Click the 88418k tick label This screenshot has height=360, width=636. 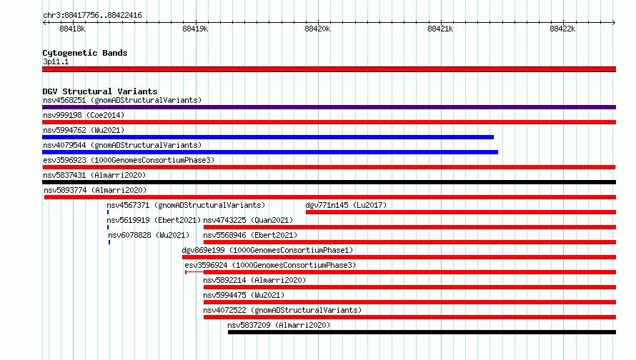(72, 29)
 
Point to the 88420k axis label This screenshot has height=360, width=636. (317, 29)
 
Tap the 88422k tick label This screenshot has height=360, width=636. (562, 29)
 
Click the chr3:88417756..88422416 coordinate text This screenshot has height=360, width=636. (92, 16)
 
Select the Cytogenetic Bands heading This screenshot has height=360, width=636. (85, 53)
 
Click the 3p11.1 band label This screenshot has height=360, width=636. (56, 61)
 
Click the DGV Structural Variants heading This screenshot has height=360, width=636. (100, 91)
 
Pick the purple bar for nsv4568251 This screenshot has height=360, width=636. (329, 107)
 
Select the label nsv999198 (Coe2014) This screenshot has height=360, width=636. (84, 115)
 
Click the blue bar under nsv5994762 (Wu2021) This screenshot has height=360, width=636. (268, 137)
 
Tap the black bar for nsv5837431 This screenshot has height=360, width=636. (329, 182)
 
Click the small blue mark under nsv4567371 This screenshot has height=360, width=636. (108, 212)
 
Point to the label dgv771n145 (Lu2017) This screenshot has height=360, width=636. (346, 205)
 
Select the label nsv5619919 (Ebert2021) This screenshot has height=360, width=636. (154, 220)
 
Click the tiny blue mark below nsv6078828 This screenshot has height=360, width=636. (109, 242)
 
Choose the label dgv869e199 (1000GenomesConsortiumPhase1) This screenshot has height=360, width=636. (268, 250)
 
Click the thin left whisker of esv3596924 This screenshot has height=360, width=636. (194, 272)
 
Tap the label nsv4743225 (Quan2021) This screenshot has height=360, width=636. (248, 220)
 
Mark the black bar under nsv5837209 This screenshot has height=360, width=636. (422, 332)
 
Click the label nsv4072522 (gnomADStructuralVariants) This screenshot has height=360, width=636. (282, 310)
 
